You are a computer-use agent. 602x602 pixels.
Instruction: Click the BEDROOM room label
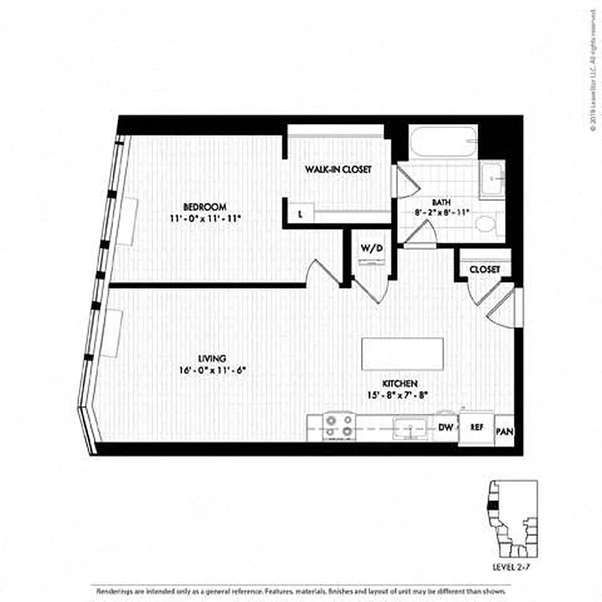click(205, 206)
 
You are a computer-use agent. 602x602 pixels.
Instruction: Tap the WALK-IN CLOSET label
click(338, 170)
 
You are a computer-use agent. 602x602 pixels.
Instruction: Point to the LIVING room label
click(213, 358)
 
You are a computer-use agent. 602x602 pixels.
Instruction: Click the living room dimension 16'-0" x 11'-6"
click(213, 370)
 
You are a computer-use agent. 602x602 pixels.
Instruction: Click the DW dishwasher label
click(445, 427)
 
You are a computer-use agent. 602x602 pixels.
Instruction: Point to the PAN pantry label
click(504, 432)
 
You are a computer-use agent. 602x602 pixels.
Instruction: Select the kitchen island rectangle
click(403, 354)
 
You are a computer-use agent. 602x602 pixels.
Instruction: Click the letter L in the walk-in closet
click(300, 214)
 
